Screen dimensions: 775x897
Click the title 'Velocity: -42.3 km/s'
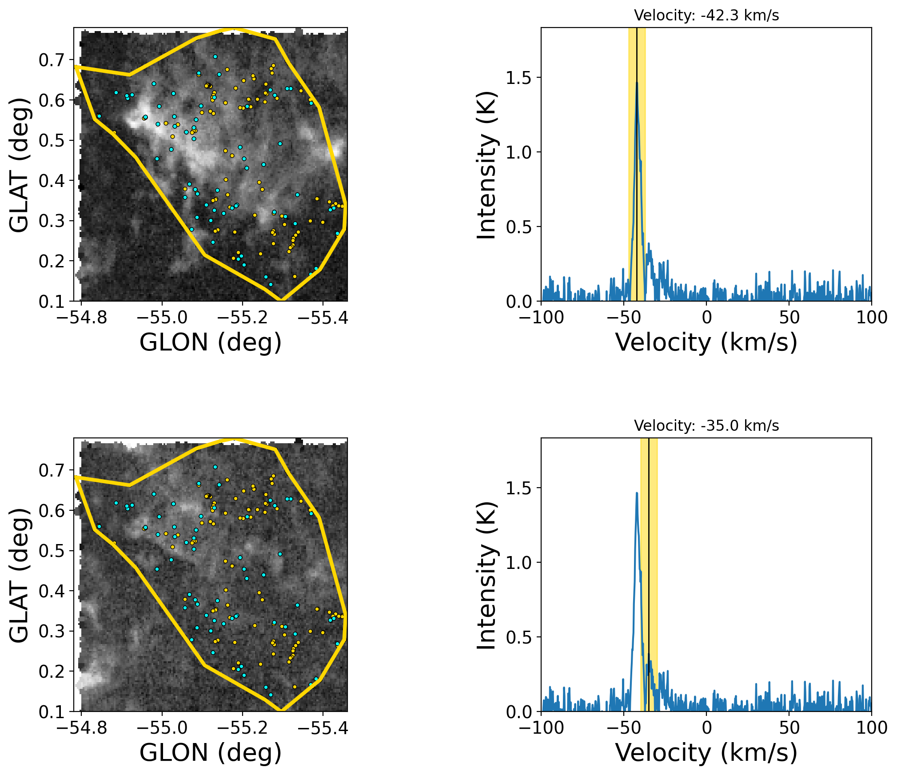point(706,16)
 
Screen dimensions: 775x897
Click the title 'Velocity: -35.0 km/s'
point(706,426)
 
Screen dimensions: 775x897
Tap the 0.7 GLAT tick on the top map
point(51,60)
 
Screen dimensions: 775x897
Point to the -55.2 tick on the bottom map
point(243,728)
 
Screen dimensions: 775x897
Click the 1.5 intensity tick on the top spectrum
point(518,78)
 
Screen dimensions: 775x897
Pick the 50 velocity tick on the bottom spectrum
point(789,728)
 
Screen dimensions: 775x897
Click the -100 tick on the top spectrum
point(541,318)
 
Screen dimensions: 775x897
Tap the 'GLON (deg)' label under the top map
point(211,342)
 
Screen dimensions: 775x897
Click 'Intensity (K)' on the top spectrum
point(486,165)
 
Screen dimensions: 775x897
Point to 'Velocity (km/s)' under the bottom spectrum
point(706,753)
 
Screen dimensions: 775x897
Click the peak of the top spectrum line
point(637,82)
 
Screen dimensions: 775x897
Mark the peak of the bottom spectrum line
point(637,493)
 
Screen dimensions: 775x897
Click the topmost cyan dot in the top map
point(215,56)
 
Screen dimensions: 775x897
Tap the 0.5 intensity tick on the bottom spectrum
point(518,637)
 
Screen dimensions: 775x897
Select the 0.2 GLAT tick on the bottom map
point(51,672)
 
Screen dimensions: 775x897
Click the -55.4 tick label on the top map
point(323,318)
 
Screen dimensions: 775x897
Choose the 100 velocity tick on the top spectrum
point(872,318)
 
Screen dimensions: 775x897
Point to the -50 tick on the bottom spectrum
point(624,728)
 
